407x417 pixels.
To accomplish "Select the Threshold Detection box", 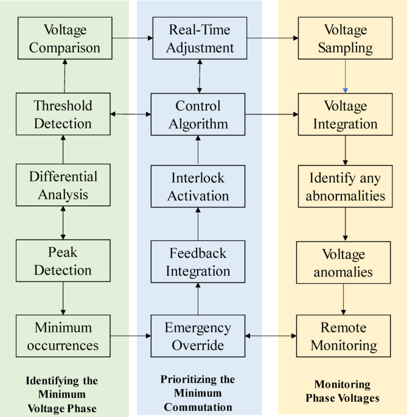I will pyautogui.click(x=63, y=114).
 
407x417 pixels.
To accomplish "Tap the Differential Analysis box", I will pyautogui.click(x=63, y=185).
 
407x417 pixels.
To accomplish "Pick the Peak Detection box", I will pyautogui.click(x=63, y=261).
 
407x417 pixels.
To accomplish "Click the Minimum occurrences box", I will pyautogui.click(x=63, y=336).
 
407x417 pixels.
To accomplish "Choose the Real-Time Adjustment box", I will pyautogui.click(x=198, y=38).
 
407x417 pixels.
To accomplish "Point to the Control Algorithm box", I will pyautogui.click(x=198, y=114).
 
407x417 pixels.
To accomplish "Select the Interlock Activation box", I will pyautogui.click(x=198, y=187).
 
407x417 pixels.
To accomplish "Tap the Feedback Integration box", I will pyautogui.click(x=198, y=261).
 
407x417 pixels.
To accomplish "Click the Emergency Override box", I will pyautogui.click(x=198, y=336).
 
